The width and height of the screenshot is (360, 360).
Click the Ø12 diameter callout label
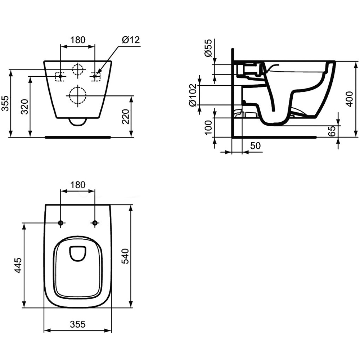(x=131, y=40)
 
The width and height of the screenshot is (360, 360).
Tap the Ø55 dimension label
(x=208, y=48)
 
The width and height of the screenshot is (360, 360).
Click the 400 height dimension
(x=350, y=99)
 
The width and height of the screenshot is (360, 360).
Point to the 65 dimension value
(x=332, y=131)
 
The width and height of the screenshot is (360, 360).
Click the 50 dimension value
(x=255, y=145)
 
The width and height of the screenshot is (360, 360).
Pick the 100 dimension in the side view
(x=208, y=127)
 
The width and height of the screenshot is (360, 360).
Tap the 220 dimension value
(x=125, y=117)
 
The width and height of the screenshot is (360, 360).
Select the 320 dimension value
(x=24, y=107)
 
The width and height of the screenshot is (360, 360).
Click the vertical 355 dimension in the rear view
(x=5, y=103)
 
